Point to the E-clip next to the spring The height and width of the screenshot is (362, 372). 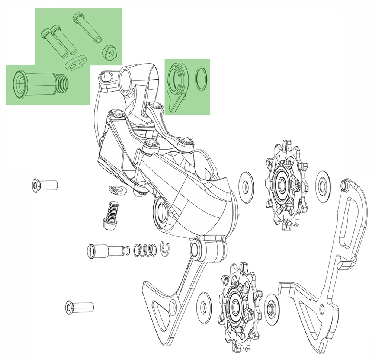tap(164, 249)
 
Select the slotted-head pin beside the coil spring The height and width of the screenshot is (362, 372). tap(106, 250)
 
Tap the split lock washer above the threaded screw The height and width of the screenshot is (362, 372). tap(118, 190)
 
